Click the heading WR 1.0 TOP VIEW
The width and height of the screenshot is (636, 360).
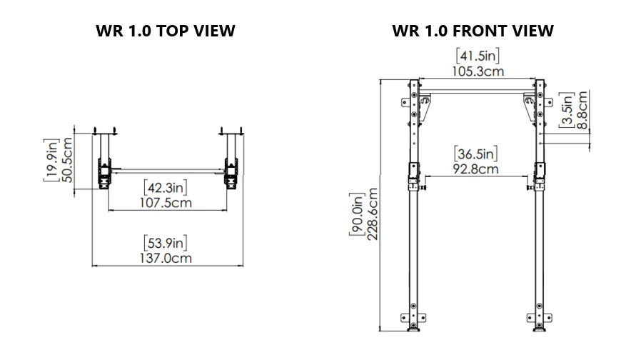165,31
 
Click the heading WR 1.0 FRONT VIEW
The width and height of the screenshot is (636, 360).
473,31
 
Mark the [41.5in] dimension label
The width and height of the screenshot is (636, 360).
477,55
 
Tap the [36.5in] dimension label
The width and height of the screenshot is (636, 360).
475,154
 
